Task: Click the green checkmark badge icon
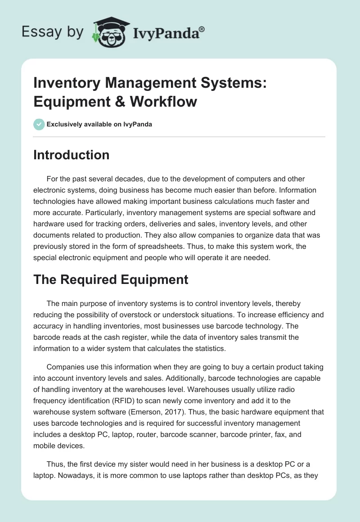[39, 124]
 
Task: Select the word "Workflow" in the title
[164, 101]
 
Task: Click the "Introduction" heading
[71, 155]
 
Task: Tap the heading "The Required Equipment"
[111, 279]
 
